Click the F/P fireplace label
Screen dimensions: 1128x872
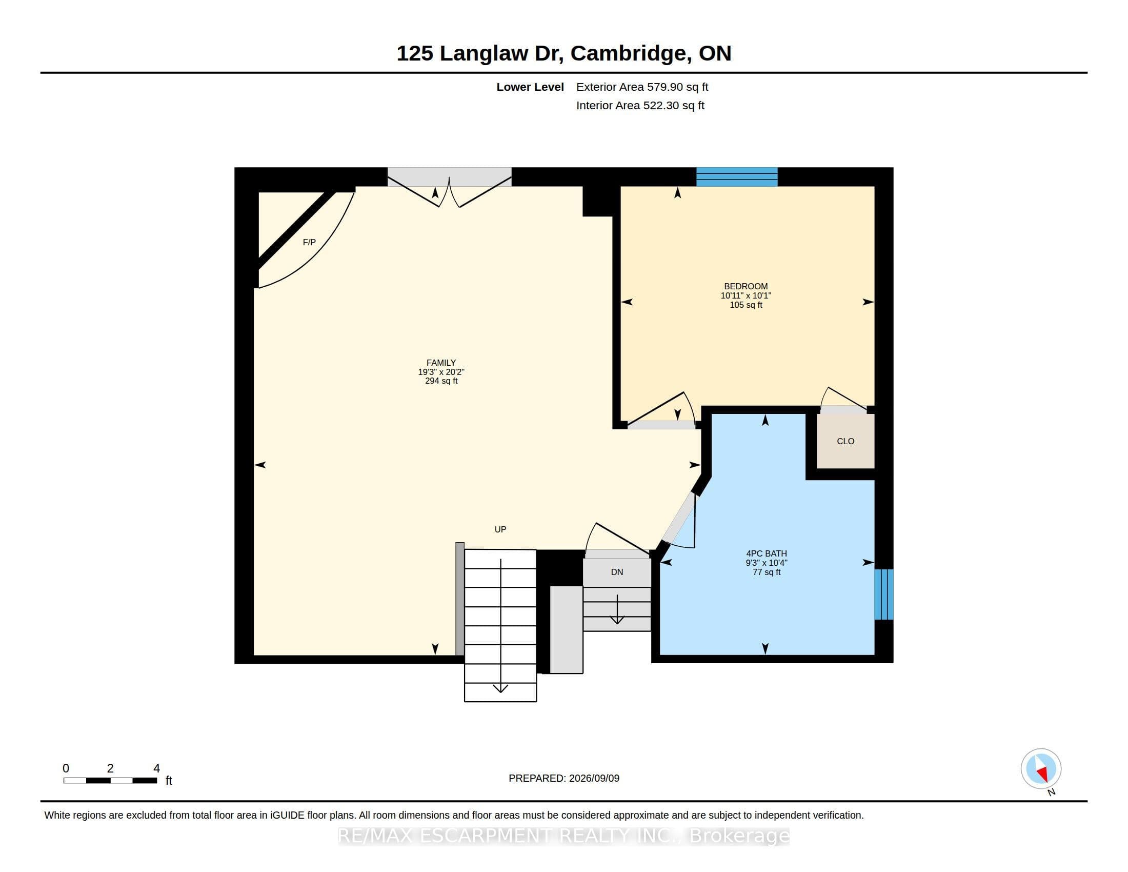click(309, 242)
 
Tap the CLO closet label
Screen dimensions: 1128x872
click(845, 441)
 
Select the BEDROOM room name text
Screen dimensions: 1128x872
click(746, 286)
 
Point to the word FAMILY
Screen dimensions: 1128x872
click(441, 363)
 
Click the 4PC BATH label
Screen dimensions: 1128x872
click(767, 553)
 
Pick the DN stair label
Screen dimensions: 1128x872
click(617, 572)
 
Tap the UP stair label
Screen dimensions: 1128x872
click(500, 529)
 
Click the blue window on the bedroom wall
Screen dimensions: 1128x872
click(737, 176)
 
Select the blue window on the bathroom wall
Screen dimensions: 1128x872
click(884, 594)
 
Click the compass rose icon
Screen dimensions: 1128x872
click(1041, 769)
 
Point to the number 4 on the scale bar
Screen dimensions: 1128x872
click(156, 768)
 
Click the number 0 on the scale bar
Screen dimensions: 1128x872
click(66, 768)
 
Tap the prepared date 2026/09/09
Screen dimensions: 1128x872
click(594, 778)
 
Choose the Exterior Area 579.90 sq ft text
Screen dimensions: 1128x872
click(642, 87)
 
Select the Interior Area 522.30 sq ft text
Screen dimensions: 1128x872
click(640, 105)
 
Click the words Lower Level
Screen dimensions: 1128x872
click(530, 87)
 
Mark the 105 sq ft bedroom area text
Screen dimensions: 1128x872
click(746, 305)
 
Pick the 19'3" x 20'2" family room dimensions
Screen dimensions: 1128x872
click(441, 372)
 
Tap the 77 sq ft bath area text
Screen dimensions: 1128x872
click(767, 572)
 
